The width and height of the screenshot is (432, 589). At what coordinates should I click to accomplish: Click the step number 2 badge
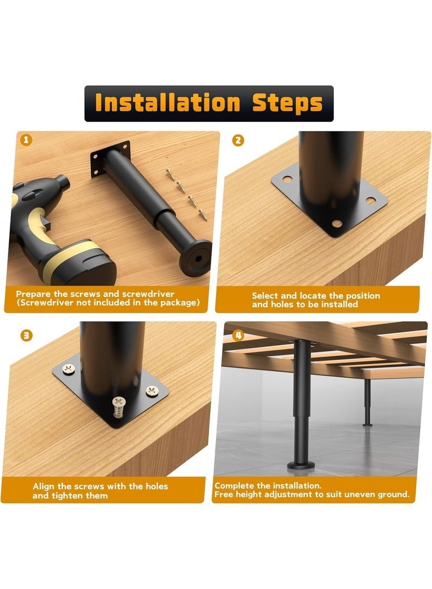click(x=238, y=140)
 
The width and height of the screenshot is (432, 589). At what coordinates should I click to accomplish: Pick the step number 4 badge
click(x=237, y=335)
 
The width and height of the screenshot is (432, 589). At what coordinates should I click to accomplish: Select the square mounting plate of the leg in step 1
click(x=111, y=159)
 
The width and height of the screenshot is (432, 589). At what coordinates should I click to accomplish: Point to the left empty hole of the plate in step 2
click(x=287, y=179)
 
